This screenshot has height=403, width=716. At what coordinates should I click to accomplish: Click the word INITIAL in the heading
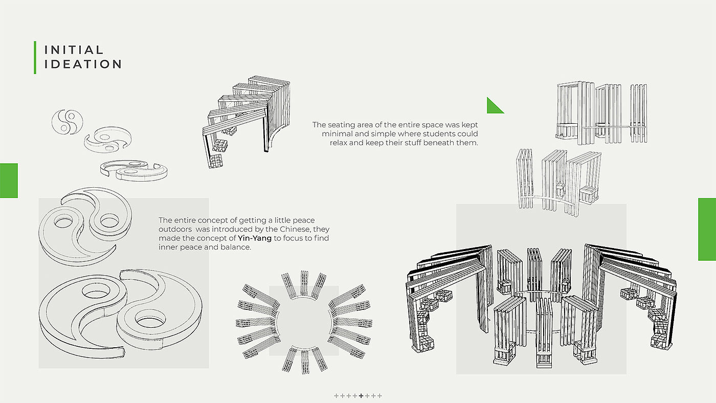point(74,50)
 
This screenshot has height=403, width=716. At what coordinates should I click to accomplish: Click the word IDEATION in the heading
point(83,64)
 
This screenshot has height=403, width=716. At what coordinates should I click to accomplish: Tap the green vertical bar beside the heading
point(35,57)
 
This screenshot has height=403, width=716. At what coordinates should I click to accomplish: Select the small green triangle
point(494,106)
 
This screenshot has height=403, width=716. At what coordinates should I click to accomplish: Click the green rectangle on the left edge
point(9,181)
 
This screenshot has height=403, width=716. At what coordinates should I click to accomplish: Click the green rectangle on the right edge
point(707,230)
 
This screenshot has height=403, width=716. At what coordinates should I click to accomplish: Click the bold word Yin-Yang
point(255,238)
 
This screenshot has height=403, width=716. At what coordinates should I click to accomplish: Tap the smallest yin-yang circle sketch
point(67,122)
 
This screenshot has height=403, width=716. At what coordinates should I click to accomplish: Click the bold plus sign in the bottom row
point(361,395)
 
